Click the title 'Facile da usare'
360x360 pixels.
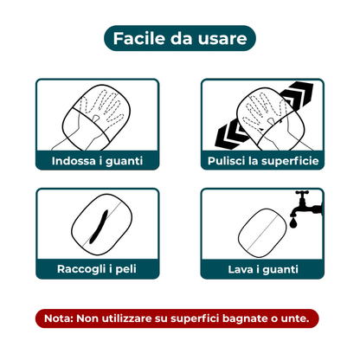(x=179, y=38)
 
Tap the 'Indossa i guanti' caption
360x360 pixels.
(x=97, y=161)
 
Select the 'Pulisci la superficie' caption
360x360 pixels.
(x=261, y=161)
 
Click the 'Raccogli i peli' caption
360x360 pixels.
(x=97, y=269)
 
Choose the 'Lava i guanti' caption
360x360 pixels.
(x=261, y=269)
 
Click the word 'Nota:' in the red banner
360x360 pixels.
(x=58, y=318)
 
